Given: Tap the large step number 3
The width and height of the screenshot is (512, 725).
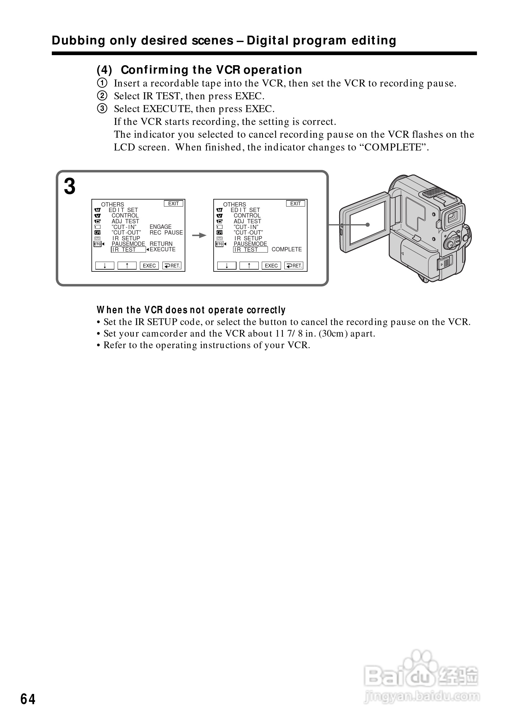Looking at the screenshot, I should point(69,186).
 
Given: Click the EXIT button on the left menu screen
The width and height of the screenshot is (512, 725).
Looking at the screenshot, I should point(173,204).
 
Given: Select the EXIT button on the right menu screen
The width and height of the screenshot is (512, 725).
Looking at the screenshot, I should point(295,204).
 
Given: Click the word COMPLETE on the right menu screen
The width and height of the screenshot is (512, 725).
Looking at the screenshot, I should point(286,249).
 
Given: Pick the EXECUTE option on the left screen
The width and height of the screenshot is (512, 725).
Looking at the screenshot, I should point(162,249).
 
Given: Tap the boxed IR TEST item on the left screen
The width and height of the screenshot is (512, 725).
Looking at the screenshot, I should point(128,250).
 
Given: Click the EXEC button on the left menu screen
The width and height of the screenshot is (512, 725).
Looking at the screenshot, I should point(149,266).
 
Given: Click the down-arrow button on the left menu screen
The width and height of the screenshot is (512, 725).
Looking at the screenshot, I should point(105,266).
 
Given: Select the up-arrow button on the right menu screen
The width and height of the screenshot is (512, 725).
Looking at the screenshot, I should point(249,266).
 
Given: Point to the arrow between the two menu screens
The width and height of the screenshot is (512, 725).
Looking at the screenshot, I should point(199,235).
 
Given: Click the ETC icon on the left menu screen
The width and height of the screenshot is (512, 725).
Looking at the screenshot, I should point(97,244).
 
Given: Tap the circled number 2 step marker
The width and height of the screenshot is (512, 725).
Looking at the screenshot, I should point(102,96).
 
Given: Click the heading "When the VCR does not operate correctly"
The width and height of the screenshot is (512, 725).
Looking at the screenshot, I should point(191,310).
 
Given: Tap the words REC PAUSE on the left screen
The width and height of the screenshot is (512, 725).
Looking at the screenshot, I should point(166,233).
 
